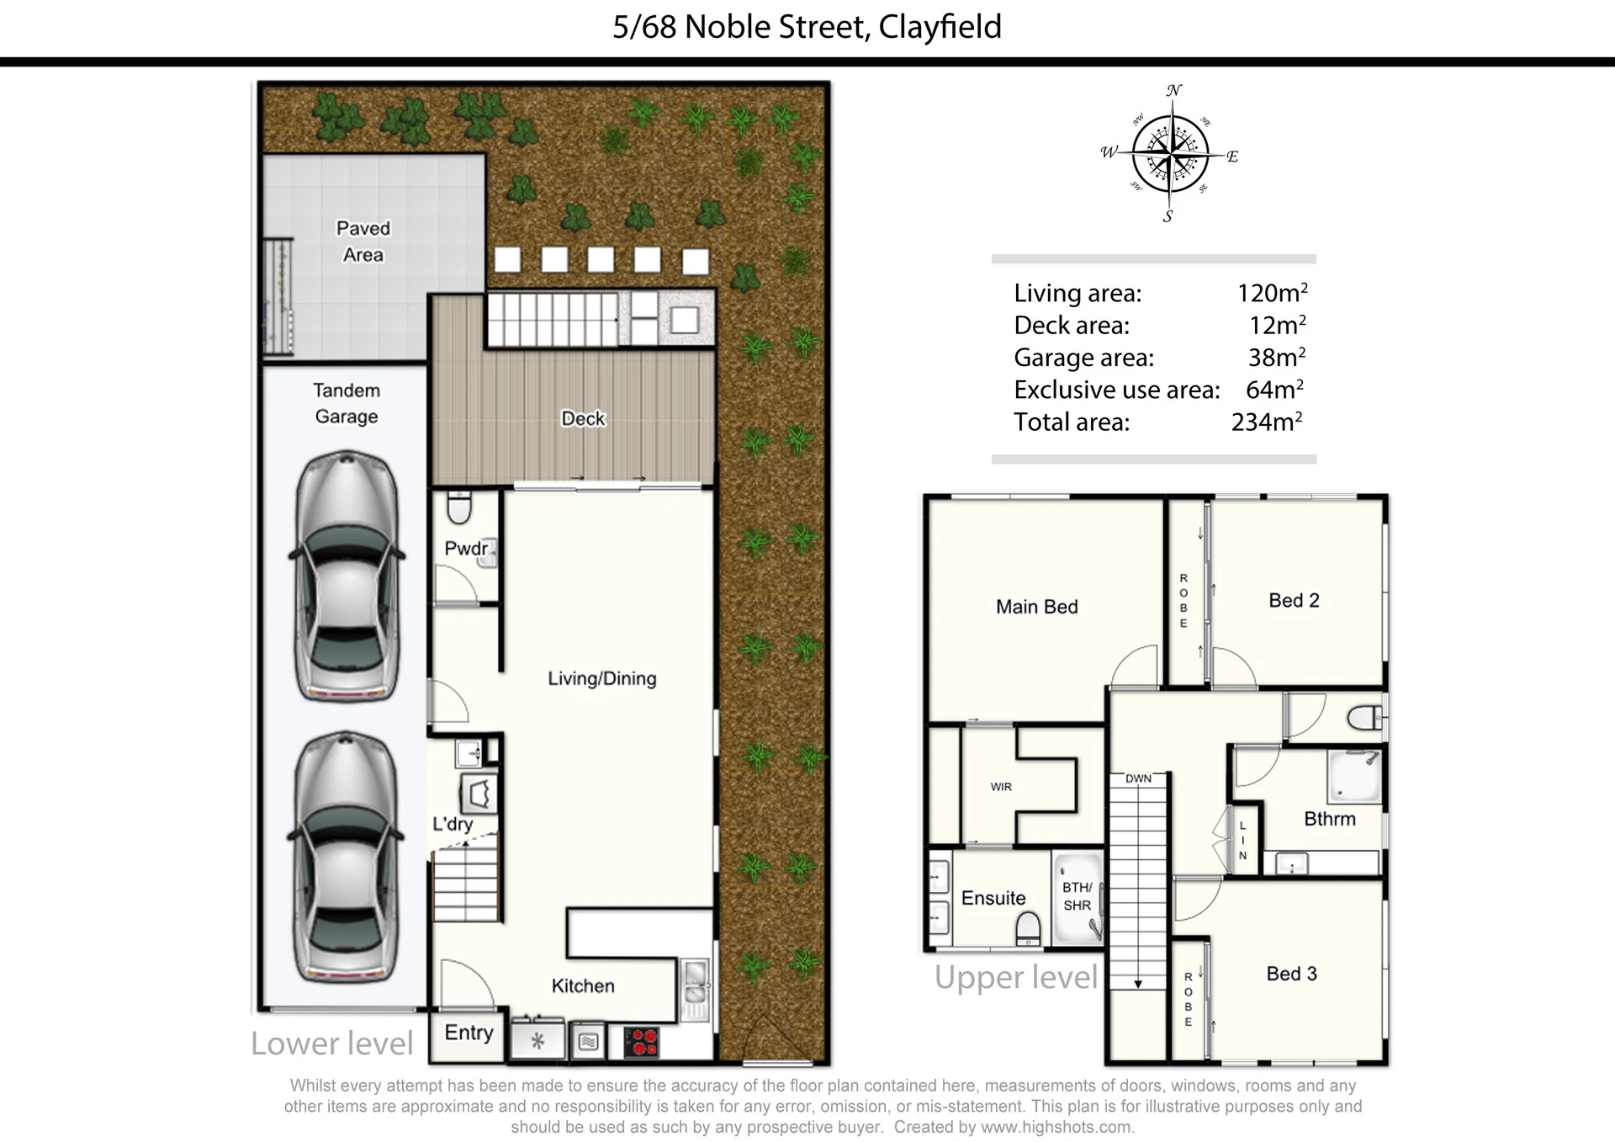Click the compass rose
click(x=1170, y=154)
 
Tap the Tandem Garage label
click(x=347, y=403)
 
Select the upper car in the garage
click(x=347, y=576)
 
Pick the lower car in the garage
click(x=347, y=857)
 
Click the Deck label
click(x=583, y=418)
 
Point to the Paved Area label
click(x=363, y=242)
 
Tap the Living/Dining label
click(x=602, y=678)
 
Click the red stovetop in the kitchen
click(x=642, y=1042)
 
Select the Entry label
click(x=469, y=1033)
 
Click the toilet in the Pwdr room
click(x=458, y=507)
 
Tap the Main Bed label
click(x=1036, y=607)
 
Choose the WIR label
click(x=1001, y=787)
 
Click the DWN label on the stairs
click(x=1138, y=778)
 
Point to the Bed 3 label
click(x=1291, y=974)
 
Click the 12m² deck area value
click(x=1277, y=325)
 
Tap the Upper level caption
click(x=1016, y=977)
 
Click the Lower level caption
click(x=332, y=1044)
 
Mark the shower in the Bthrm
click(x=1354, y=776)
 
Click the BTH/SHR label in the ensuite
click(x=1078, y=896)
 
